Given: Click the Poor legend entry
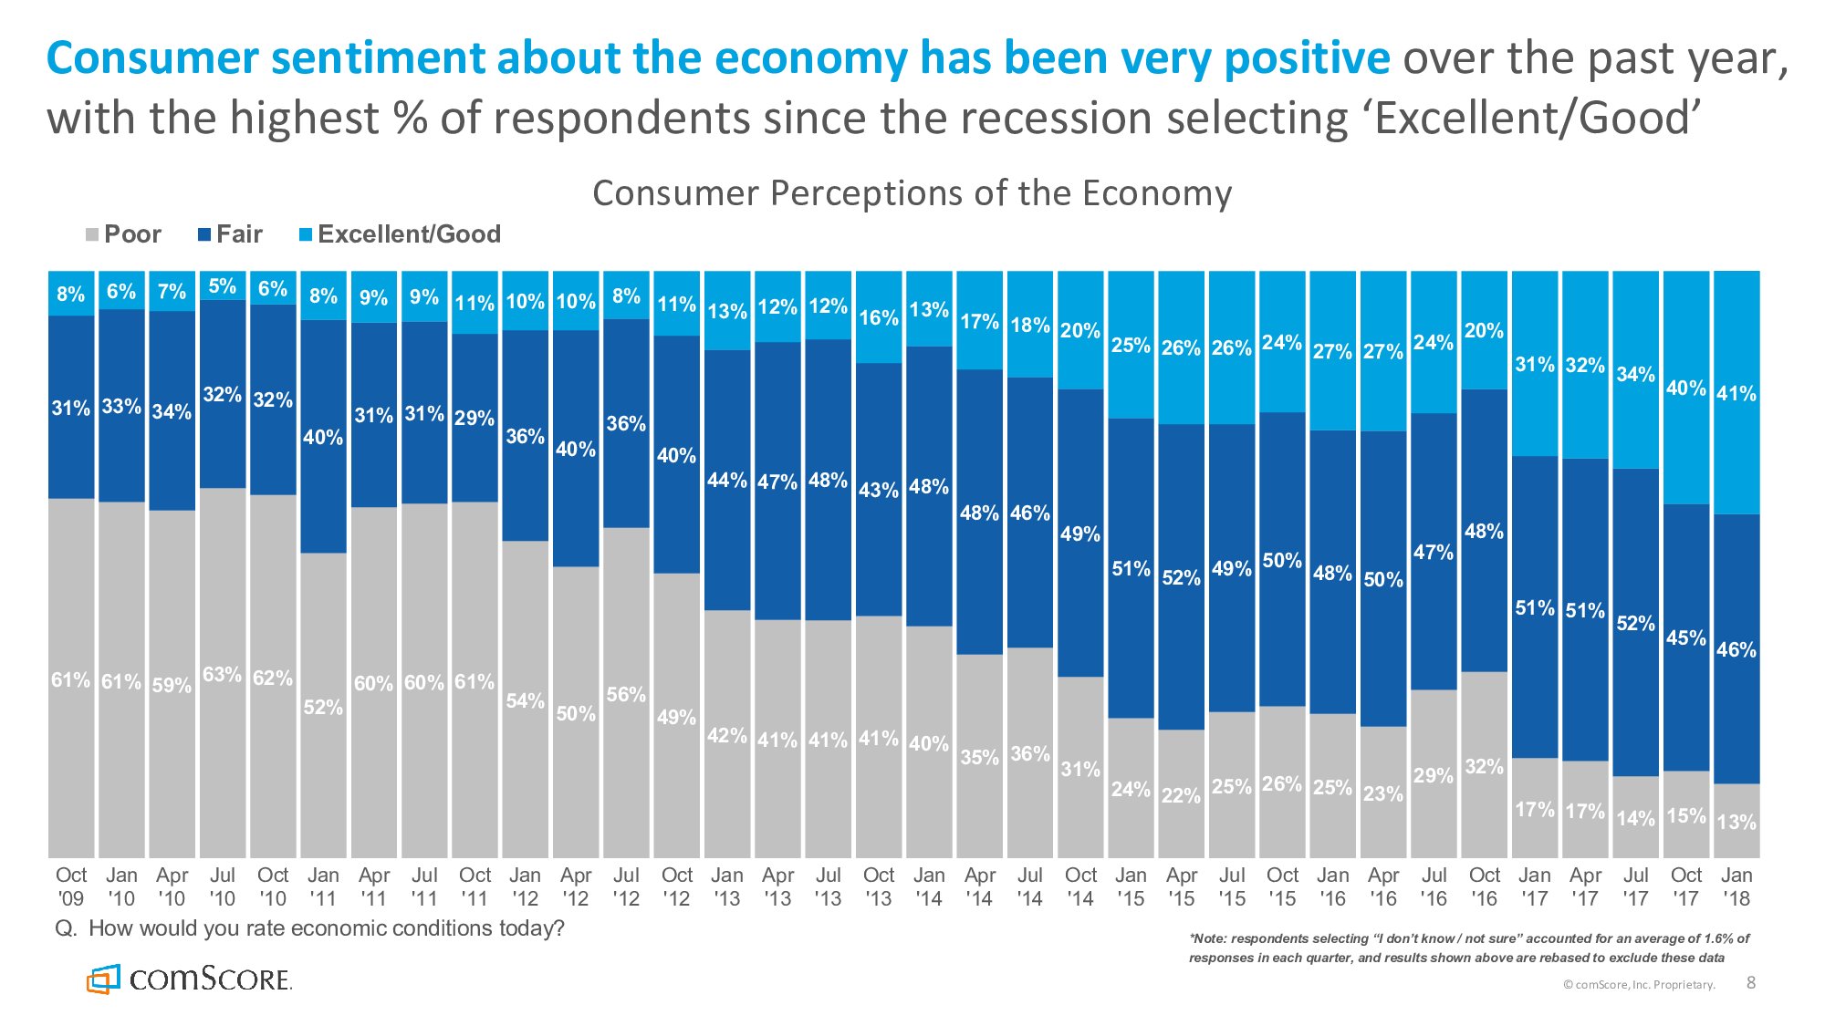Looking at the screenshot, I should pos(123,234).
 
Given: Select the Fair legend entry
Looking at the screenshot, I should pos(230,234).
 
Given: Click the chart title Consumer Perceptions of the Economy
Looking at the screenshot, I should pos(912,193).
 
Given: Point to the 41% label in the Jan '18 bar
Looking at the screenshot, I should pos(1736,394).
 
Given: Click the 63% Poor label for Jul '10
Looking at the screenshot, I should pos(222,675).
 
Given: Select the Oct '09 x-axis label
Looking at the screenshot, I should pos(71,886).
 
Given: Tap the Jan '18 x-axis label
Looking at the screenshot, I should pos(1736,886).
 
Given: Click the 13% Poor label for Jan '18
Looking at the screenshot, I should pos(1736,822).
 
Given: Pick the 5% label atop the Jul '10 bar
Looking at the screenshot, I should pos(222,286).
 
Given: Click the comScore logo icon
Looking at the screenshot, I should pos(103,979).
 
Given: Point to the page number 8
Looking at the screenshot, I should pos(1750,982).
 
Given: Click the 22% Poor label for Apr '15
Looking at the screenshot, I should pos(1181,795).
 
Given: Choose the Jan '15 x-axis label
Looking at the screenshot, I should pos(1131,886).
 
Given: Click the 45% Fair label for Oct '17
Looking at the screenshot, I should pos(1685,637).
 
